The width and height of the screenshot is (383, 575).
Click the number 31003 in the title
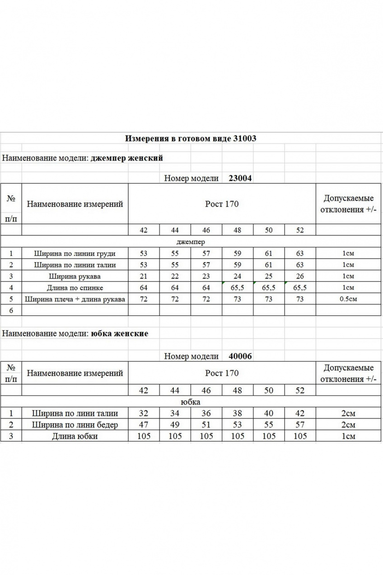point(245,138)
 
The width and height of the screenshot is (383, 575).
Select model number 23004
point(240,178)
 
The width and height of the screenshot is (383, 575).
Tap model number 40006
point(240,356)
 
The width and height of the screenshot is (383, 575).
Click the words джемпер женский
point(126,158)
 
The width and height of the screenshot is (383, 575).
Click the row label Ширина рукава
point(75,276)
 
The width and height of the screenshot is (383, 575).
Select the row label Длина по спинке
point(75,287)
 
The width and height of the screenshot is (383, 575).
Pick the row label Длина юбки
point(75,436)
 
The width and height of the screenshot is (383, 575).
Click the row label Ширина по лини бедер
point(75,424)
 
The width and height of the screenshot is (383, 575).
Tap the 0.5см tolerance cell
point(348,299)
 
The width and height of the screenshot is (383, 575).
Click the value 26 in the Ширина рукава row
point(300,276)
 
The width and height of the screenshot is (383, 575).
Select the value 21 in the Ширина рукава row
point(144,276)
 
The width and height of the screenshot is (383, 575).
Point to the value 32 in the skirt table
point(144,413)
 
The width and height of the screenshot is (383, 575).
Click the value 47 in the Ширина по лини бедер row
point(144,424)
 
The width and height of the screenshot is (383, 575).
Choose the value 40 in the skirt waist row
point(269,413)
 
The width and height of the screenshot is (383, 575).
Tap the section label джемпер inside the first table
point(191,242)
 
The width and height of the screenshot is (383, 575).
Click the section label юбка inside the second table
point(190,402)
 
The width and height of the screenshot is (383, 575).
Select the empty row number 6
point(11,310)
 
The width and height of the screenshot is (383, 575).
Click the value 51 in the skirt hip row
point(206,424)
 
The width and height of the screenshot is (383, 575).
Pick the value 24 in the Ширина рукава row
point(238,276)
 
